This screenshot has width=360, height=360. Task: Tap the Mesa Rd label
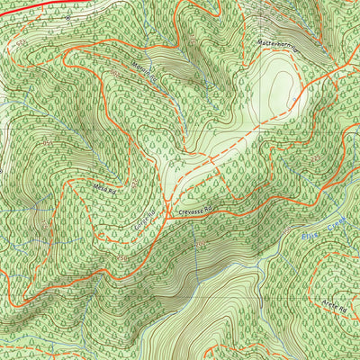pyautogui.click(x=105, y=188)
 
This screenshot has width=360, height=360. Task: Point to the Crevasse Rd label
pyautogui.click(x=193, y=211)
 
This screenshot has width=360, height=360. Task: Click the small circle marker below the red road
pyautogui.click(x=67, y=16)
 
